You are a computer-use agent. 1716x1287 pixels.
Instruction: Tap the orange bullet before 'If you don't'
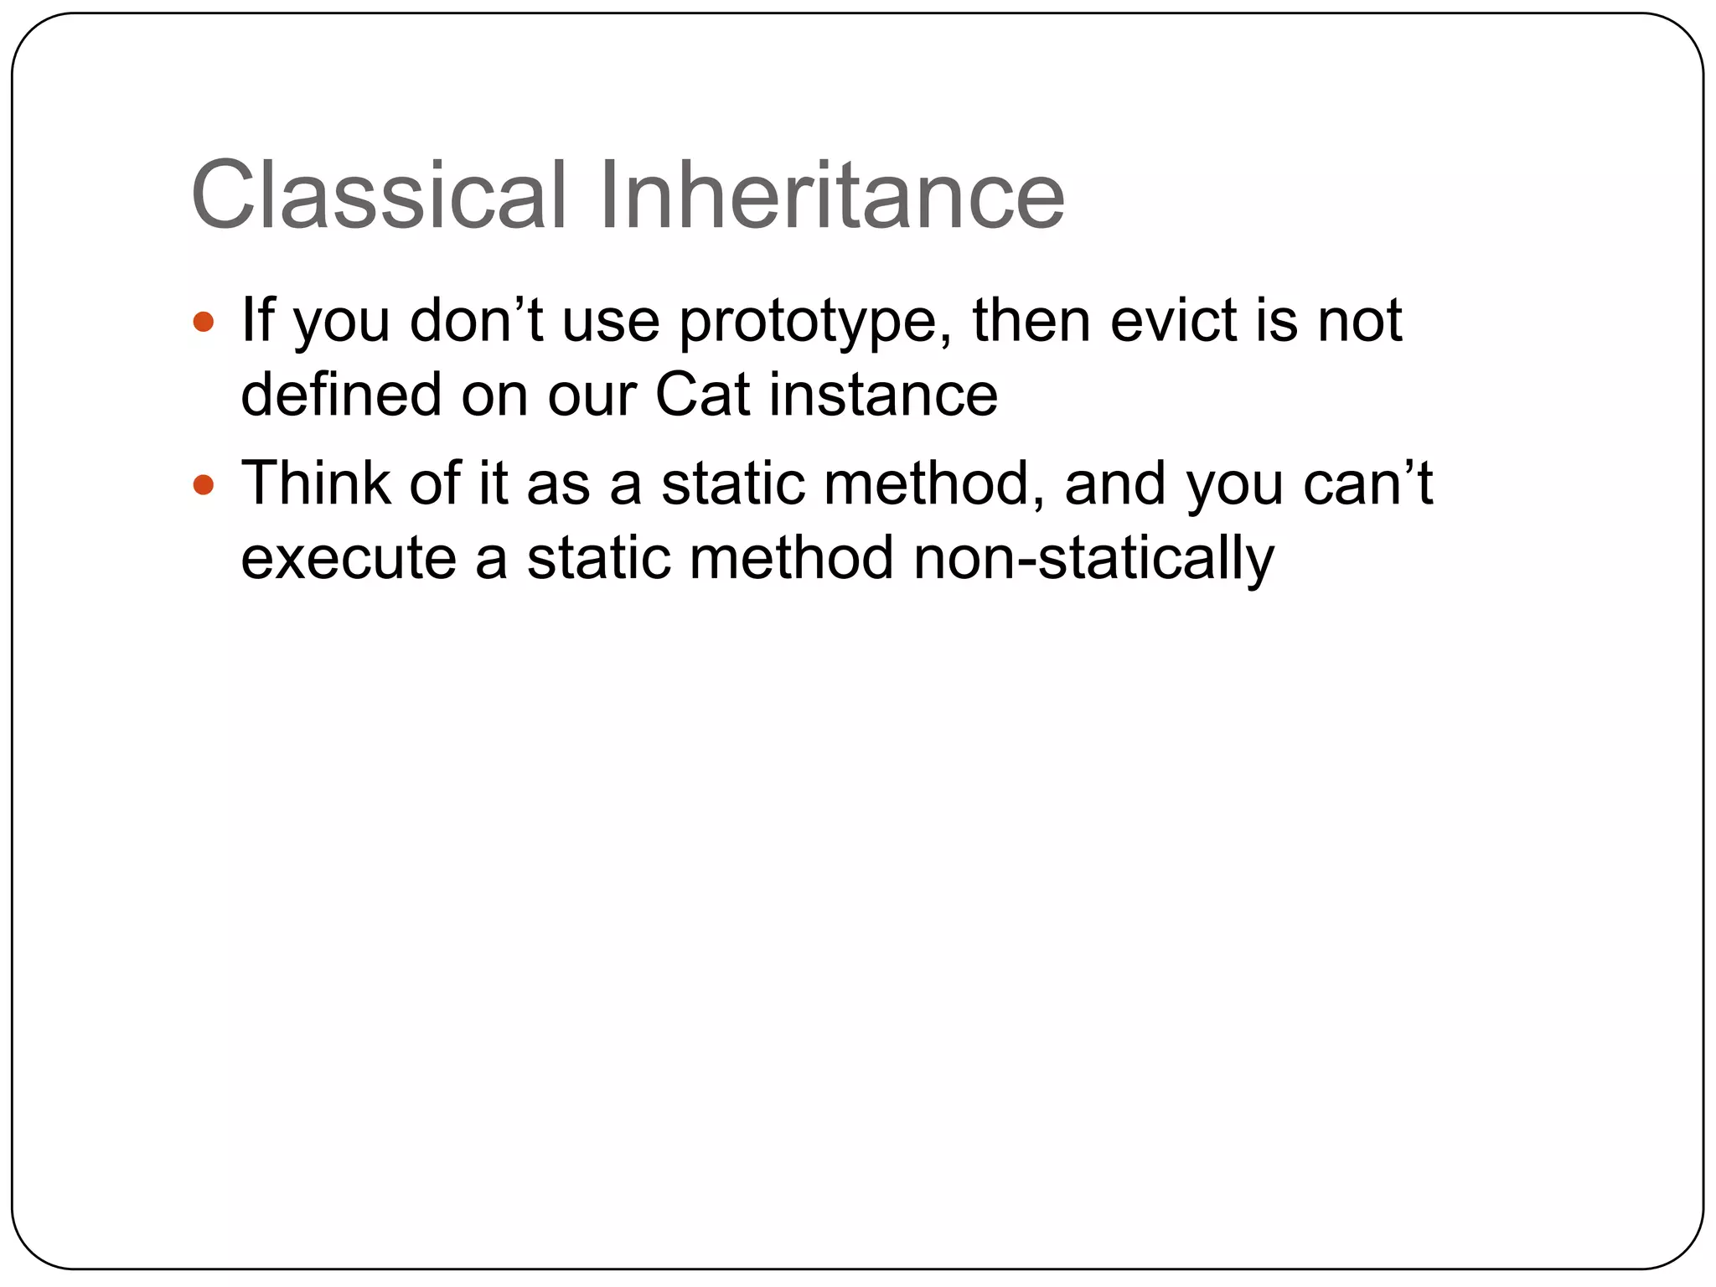click(x=204, y=322)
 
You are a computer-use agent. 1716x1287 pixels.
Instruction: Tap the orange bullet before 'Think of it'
click(x=204, y=484)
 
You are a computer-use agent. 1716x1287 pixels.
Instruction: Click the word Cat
click(x=702, y=394)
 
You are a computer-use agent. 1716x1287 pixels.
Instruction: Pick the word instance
click(x=883, y=394)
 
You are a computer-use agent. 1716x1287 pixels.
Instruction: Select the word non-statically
click(x=1093, y=559)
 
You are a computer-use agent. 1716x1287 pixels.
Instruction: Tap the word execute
click(x=349, y=559)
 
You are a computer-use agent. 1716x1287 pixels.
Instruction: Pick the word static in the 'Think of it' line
click(x=732, y=483)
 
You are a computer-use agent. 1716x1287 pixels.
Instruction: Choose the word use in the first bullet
click(x=610, y=322)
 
